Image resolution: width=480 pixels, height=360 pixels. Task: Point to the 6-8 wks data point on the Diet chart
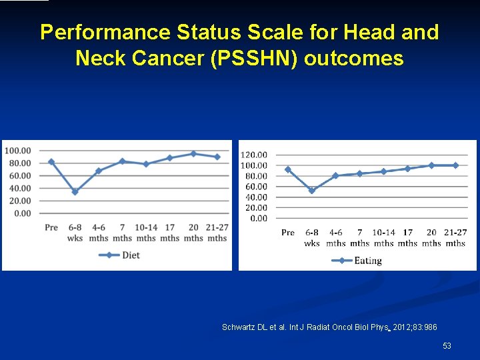click(75, 192)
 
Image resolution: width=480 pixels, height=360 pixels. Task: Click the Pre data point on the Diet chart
click(51, 161)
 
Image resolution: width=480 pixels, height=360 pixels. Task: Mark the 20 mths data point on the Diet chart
click(193, 153)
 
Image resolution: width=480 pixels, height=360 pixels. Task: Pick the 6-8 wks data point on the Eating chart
click(312, 191)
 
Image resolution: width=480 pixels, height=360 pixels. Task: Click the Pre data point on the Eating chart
click(288, 169)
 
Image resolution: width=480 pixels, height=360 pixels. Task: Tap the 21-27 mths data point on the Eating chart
click(455, 165)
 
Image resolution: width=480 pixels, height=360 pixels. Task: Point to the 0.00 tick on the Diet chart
click(21, 213)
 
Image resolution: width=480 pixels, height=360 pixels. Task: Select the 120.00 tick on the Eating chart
click(253, 155)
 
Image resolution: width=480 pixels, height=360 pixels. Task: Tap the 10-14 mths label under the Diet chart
click(146, 233)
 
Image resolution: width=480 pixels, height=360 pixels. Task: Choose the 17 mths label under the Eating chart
click(407, 238)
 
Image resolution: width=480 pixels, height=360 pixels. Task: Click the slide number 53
click(447, 345)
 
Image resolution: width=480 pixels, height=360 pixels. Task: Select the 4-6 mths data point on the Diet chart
click(99, 171)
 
